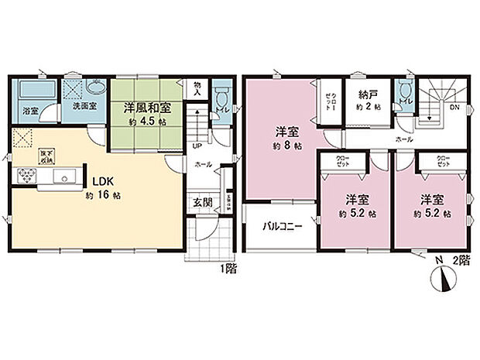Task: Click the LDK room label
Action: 104,182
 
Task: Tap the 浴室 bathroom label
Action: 31,110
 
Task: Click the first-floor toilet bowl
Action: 221,98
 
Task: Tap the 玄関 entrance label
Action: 204,203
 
